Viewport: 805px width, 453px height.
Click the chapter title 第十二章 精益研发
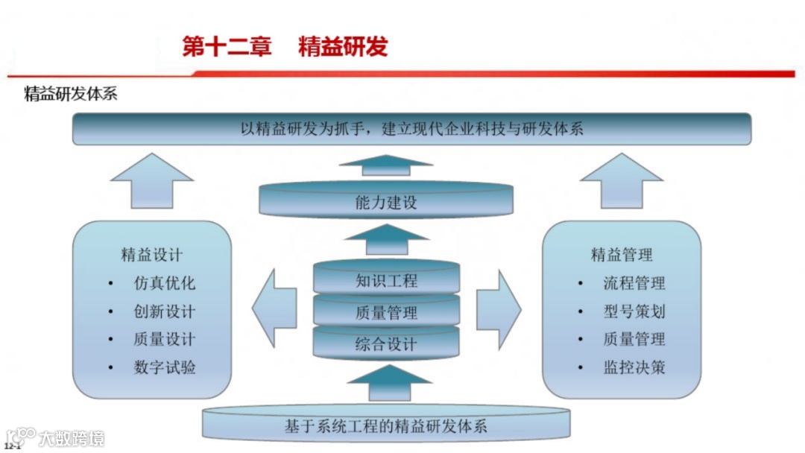click(x=285, y=46)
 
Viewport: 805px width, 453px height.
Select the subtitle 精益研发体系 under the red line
click(x=71, y=95)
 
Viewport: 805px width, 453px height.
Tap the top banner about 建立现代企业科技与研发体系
click(x=411, y=129)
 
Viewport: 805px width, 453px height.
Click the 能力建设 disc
click(x=386, y=202)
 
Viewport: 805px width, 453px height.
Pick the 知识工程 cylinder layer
click(x=386, y=281)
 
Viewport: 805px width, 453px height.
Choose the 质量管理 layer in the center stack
click(x=386, y=313)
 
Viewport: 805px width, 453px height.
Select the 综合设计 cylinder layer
click(x=386, y=344)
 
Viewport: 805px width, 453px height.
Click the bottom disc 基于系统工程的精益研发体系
click(x=386, y=425)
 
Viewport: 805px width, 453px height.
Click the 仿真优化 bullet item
click(x=165, y=283)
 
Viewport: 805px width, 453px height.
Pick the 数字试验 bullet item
click(x=165, y=367)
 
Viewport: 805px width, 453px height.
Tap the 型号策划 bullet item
click(x=634, y=311)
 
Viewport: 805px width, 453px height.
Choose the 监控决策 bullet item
click(x=634, y=367)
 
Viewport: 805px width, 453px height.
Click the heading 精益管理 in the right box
click(x=622, y=255)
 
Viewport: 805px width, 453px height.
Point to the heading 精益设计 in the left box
click(x=151, y=255)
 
